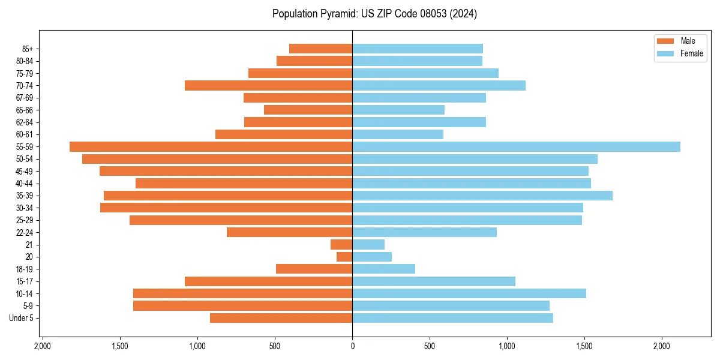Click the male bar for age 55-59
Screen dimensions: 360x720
pyautogui.click(x=211, y=147)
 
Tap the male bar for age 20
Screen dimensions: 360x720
pyautogui.click(x=344, y=257)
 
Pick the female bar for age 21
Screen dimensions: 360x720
pyautogui.click(x=368, y=245)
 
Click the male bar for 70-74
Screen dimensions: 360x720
pyautogui.click(x=268, y=86)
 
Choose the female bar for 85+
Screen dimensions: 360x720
pyautogui.click(x=418, y=49)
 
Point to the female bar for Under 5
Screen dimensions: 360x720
pyautogui.click(x=452, y=318)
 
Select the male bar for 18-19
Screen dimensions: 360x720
pyautogui.click(x=314, y=269)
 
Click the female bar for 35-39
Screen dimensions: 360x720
pyautogui.click(x=482, y=196)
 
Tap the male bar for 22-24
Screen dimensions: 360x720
pyautogui.click(x=289, y=232)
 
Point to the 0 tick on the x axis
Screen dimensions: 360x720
pyautogui.click(x=352, y=346)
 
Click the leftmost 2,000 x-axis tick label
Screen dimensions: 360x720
pyautogui.click(x=43, y=346)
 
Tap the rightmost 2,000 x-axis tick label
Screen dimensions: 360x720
pyautogui.click(x=662, y=346)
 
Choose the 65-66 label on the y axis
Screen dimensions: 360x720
pyautogui.click(x=25, y=110)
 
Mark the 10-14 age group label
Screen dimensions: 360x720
pyautogui.click(x=25, y=293)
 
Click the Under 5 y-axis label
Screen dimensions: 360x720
pyautogui.click(x=22, y=318)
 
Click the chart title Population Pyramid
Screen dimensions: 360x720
pyautogui.click(x=374, y=14)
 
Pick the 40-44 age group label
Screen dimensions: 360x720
pyautogui.click(x=25, y=184)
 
